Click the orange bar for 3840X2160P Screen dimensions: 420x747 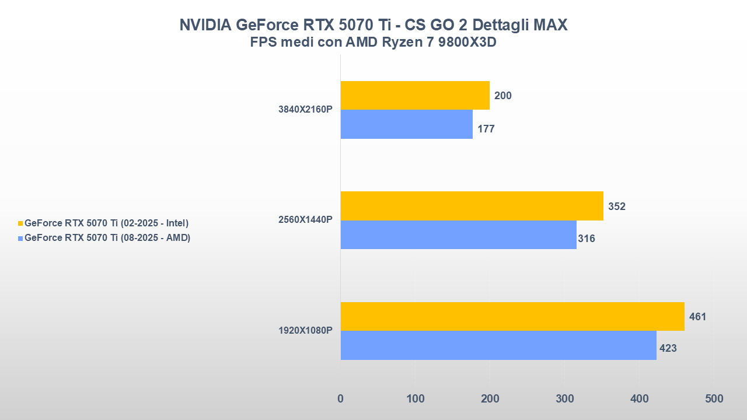[x=415, y=95]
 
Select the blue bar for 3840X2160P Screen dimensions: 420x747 [x=406, y=124]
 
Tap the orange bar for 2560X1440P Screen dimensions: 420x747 [x=472, y=206]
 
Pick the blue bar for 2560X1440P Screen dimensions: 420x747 [x=458, y=235]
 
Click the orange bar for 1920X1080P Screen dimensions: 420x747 [x=512, y=316]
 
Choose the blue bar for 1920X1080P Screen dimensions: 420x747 [x=498, y=345]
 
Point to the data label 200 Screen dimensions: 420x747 [x=503, y=96]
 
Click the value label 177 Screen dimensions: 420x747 [x=486, y=129]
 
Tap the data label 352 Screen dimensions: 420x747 [x=617, y=206]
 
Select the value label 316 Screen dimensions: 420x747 [x=587, y=239]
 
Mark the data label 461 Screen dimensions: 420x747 [x=697, y=317]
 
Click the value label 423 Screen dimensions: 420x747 [x=668, y=349]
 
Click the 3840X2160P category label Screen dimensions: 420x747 [x=305, y=110]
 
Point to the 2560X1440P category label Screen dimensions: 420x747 [x=305, y=220]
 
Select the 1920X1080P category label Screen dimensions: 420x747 [x=305, y=331]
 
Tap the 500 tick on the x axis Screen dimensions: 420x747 [x=714, y=399]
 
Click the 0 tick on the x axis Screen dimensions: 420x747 [x=341, y=399]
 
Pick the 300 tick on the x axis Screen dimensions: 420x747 [x=564, y=399]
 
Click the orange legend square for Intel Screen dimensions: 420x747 [x=20, y=223]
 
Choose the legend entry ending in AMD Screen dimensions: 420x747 [x=107, y=237]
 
